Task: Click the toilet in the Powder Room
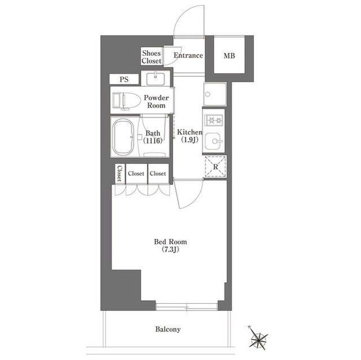click(126, 100)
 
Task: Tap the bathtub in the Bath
click(124, 137)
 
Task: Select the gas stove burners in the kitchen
click(214, 120)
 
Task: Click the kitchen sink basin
click(214, 141)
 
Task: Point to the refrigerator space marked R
click(215, 167)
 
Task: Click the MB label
click(230, 56)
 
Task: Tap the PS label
click(124, 79)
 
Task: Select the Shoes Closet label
click(152, 57)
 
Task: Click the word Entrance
click(188, 55)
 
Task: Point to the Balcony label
click(168, 329)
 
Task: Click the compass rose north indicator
click(249, 327)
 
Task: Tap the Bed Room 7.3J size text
click(170, 250)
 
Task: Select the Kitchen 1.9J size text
click(190, 140)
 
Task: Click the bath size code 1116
click(153, 140)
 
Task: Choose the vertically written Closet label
click(120, 174)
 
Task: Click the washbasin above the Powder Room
click(156, 79)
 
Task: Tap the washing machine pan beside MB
click(215, 94)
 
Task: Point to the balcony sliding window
click(187, 307)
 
